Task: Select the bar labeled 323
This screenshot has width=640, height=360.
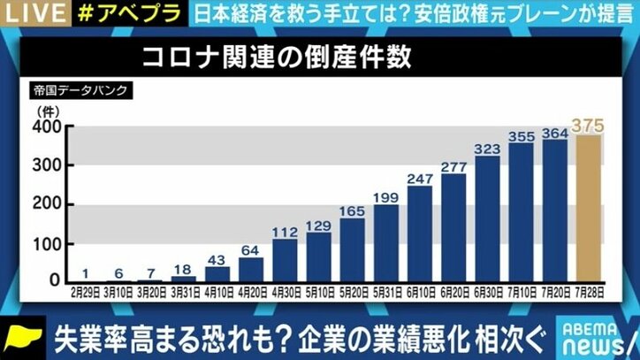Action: point(487,219)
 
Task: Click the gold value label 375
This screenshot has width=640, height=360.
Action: point(589,125)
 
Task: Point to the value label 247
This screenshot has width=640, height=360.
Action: point(419,178)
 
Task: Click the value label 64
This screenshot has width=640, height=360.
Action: point(251,249)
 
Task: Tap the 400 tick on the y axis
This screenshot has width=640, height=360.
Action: point(46,127)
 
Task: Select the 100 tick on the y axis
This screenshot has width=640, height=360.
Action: point(46,243)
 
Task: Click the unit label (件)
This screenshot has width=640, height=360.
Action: point(44,110)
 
